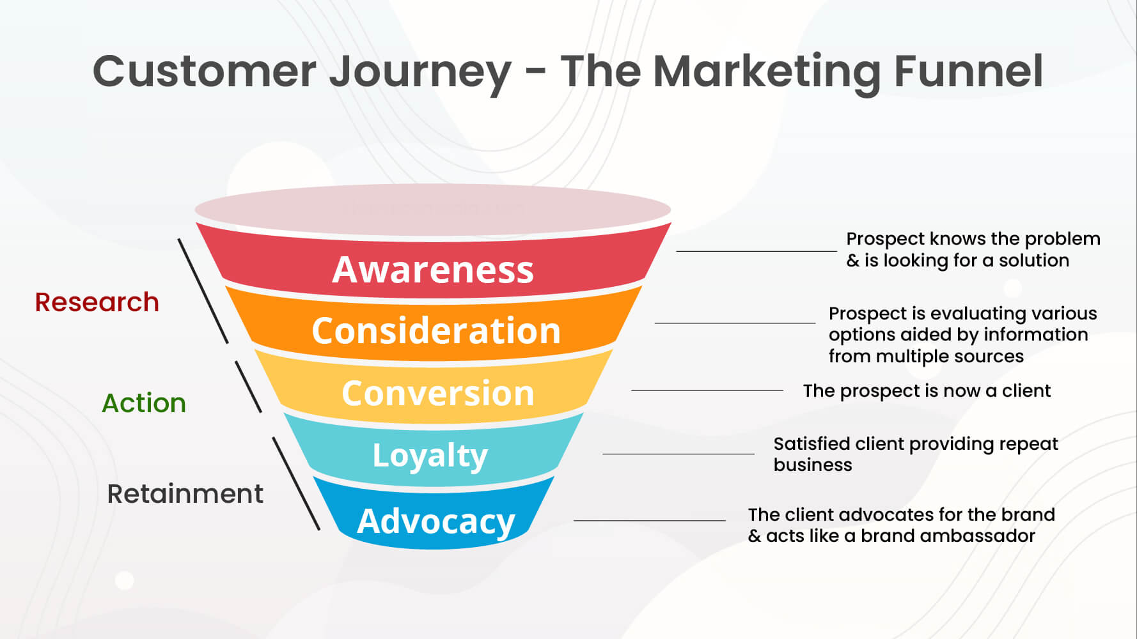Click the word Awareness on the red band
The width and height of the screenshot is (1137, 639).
[433, 270]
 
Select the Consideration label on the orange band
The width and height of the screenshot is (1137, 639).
[435, 331]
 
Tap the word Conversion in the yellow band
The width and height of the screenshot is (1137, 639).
[437, 393]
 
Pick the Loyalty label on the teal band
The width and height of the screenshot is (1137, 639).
[430, 456]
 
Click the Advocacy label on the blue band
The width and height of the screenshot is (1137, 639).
[435, 521]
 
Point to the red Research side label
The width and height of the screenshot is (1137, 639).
[97, 302]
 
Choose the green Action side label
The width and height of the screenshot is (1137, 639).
[144, 403]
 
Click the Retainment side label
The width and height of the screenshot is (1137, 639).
[185, 494]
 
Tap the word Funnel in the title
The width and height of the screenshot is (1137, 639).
[968, 71]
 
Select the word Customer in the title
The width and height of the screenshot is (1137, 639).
[205, 71]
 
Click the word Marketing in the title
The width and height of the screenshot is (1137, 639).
[766, 71]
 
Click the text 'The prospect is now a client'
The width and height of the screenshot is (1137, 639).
[927, 390]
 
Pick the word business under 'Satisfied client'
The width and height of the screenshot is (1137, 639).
[812, 465]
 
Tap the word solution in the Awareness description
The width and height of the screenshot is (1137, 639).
[1033, 260]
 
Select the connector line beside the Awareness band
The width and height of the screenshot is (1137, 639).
[756, 251]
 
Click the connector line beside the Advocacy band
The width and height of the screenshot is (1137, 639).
[649, 520]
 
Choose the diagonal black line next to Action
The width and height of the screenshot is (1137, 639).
[248, 387]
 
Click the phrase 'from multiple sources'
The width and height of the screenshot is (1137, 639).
[925, 356]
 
